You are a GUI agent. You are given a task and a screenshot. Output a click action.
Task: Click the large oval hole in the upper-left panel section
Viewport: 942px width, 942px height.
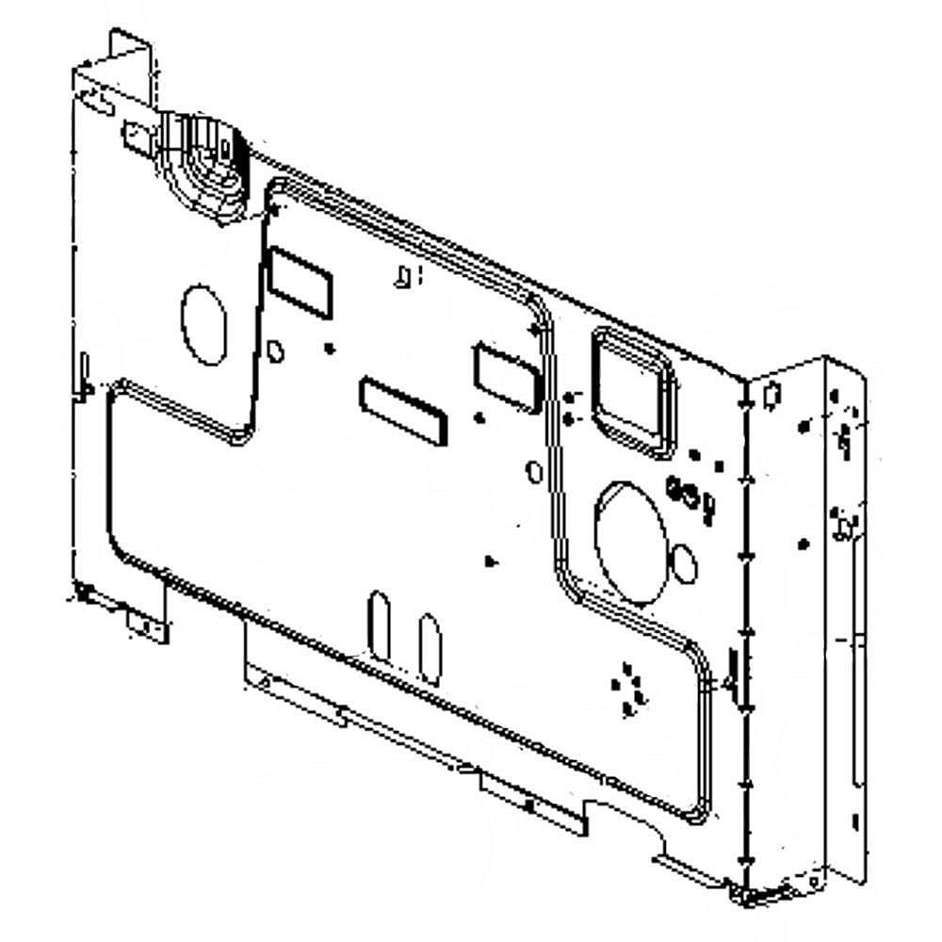click(x=203, y=325)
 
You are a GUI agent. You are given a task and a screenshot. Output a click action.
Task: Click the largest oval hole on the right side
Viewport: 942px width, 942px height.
click(x=631, y=541)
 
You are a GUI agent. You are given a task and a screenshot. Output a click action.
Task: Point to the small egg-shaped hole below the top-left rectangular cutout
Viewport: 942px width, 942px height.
click(x=275, y=351)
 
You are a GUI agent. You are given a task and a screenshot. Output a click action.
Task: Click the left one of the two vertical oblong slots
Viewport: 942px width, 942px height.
click(x=380, y=625)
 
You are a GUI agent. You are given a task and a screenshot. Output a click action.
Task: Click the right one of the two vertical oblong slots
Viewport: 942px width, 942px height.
click(x=430, y=648)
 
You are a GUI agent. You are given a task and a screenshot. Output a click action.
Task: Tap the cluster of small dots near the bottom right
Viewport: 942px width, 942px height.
click(x=628, y=690)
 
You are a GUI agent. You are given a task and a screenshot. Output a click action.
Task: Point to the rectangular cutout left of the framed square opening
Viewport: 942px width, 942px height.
click(x=504, y=375)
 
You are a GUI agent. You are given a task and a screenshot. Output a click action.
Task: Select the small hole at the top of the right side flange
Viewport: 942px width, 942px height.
click(x=771, y=394)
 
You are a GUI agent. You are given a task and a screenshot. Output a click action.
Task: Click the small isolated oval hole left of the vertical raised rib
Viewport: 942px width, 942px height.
click(x=534, y=470)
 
